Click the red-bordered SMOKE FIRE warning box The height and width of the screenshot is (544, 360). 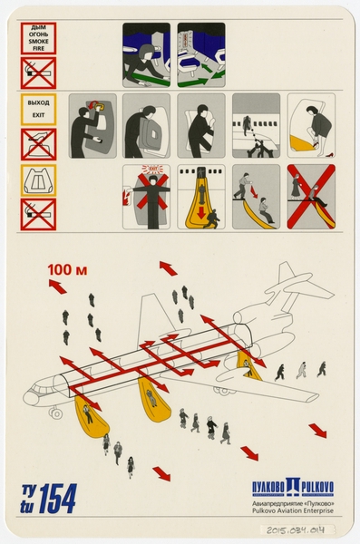pyautogui.click(x=38, y=39)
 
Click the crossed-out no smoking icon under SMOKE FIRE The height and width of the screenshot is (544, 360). pyautogui.click(x=38, y=73)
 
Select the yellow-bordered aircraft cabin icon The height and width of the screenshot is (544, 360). pyautogui.click(x=38, y=180)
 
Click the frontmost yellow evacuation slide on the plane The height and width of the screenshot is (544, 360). pyautogui.click(x=86, y=414)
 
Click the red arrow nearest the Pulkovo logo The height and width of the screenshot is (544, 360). pyautogui.click(x=316, y=429)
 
